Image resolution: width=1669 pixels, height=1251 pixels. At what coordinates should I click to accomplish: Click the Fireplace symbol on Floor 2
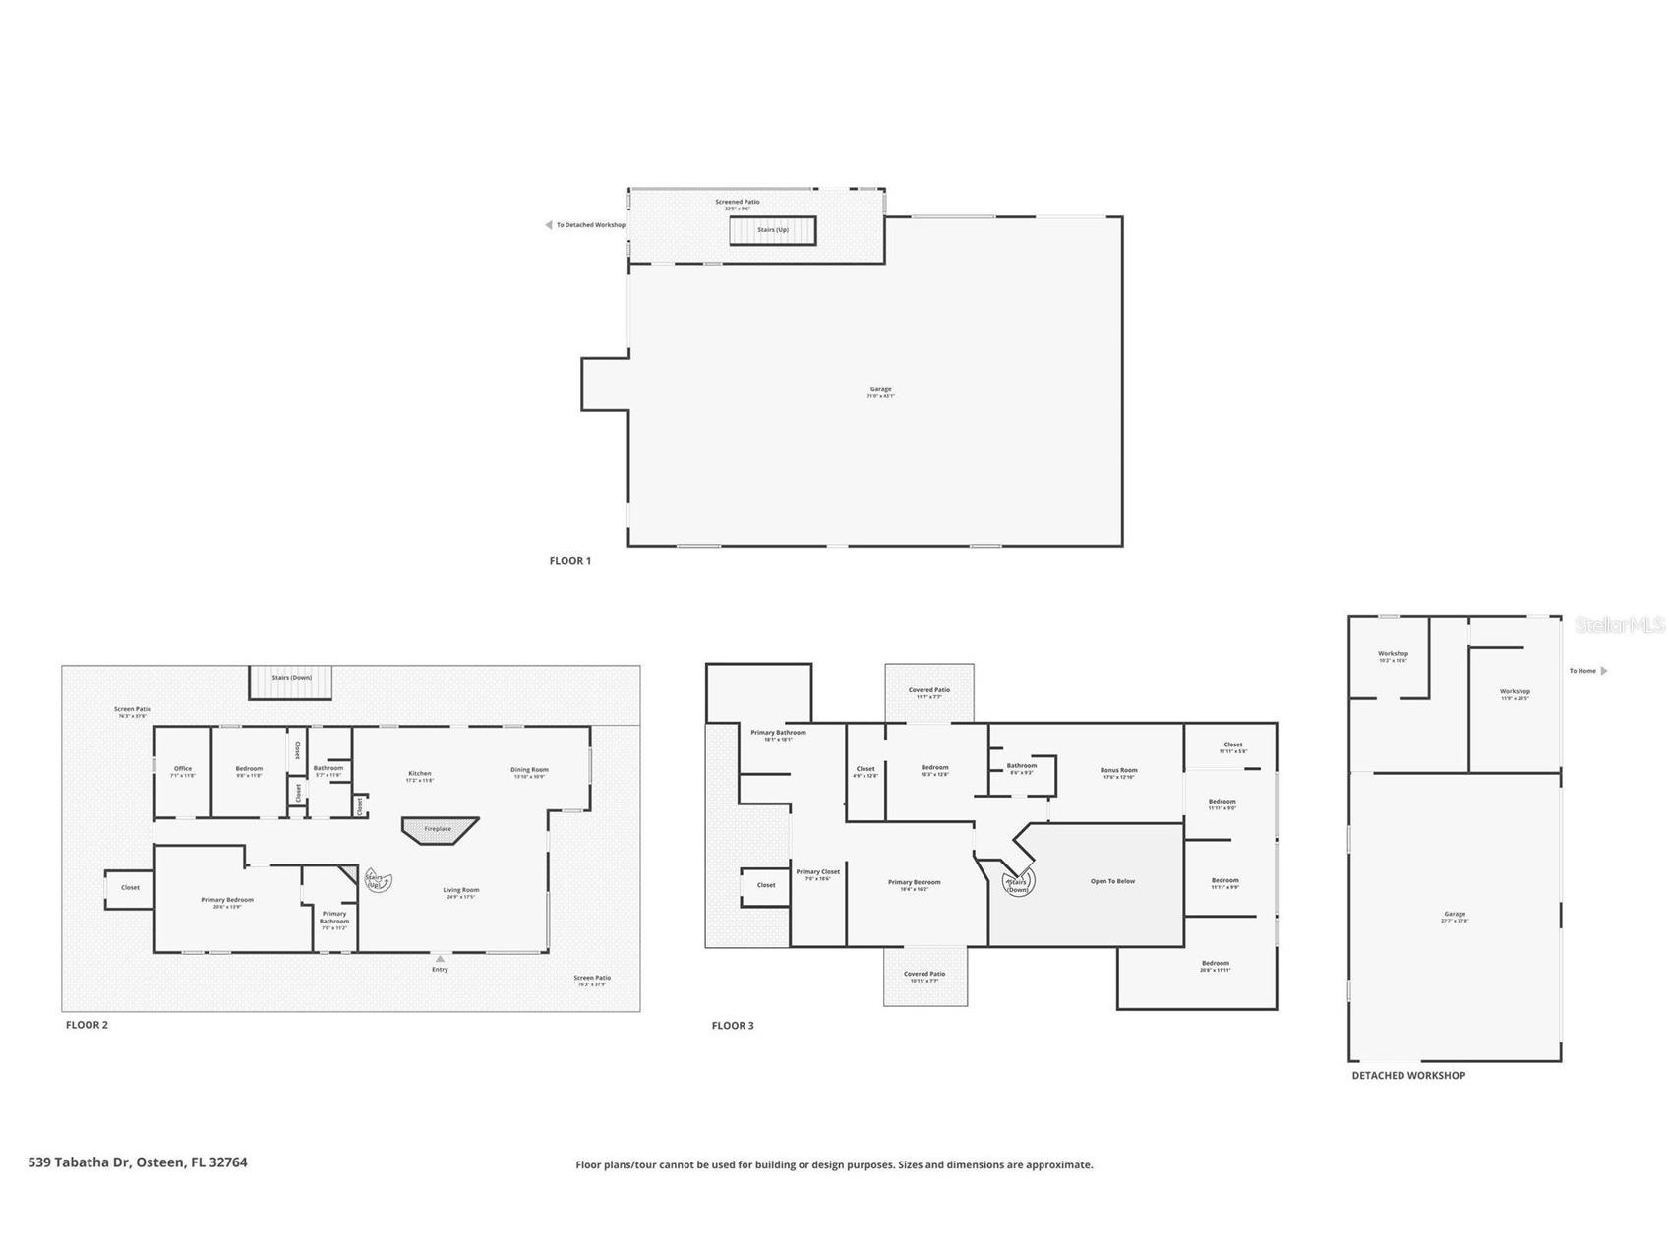pyautogui.click(x=439, y=829)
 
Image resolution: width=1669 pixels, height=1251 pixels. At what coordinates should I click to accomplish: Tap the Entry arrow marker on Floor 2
pyautogui.click(x=440, y=959)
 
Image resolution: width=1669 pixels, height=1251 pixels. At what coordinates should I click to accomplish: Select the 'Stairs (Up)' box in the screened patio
pyautogui.click(x=773, y=230)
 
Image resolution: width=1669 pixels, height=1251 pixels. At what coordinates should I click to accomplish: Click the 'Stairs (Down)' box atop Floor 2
pyautogui.click(x=291, y=682)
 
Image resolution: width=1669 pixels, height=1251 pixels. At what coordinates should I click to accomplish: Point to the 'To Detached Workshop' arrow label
pyautogui.click(x=586, y=225)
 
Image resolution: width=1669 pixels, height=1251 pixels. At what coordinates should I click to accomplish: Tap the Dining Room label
pyautogui.click(x=529, y=772)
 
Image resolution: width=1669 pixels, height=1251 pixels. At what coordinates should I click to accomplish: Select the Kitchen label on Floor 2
pyautogui.click(x=420, y=776)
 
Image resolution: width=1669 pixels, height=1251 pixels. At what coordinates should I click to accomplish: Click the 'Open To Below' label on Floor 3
pyautogui.click(x=1112, y=881)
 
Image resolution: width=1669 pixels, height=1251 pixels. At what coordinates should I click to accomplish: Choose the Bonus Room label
pyautogui.click(x=1118, y=773)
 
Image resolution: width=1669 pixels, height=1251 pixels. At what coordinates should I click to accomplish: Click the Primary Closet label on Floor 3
pyautogui.click(x=818, y=874)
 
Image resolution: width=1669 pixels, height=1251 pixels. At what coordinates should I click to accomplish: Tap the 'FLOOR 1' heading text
pyautogui.click(x=570, y=561)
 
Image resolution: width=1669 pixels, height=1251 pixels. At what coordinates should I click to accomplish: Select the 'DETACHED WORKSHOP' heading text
pyautogui.click(x=1408, y=1076)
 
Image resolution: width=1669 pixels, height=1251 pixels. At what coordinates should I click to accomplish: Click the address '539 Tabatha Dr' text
pyautogui.click(x=138, y=1162)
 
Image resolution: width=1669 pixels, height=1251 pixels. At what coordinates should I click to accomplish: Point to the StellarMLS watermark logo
pyautogui.click(x=1619, y=625)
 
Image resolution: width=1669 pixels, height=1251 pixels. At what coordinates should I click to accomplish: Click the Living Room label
pyautogui.click(x=460, y=892)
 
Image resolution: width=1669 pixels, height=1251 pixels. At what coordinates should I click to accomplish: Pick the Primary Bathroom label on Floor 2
pyautogui.click(x=334, y=917)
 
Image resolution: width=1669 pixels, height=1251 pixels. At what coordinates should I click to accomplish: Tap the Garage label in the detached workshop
pyautogui.click(x=1455, y=916)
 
